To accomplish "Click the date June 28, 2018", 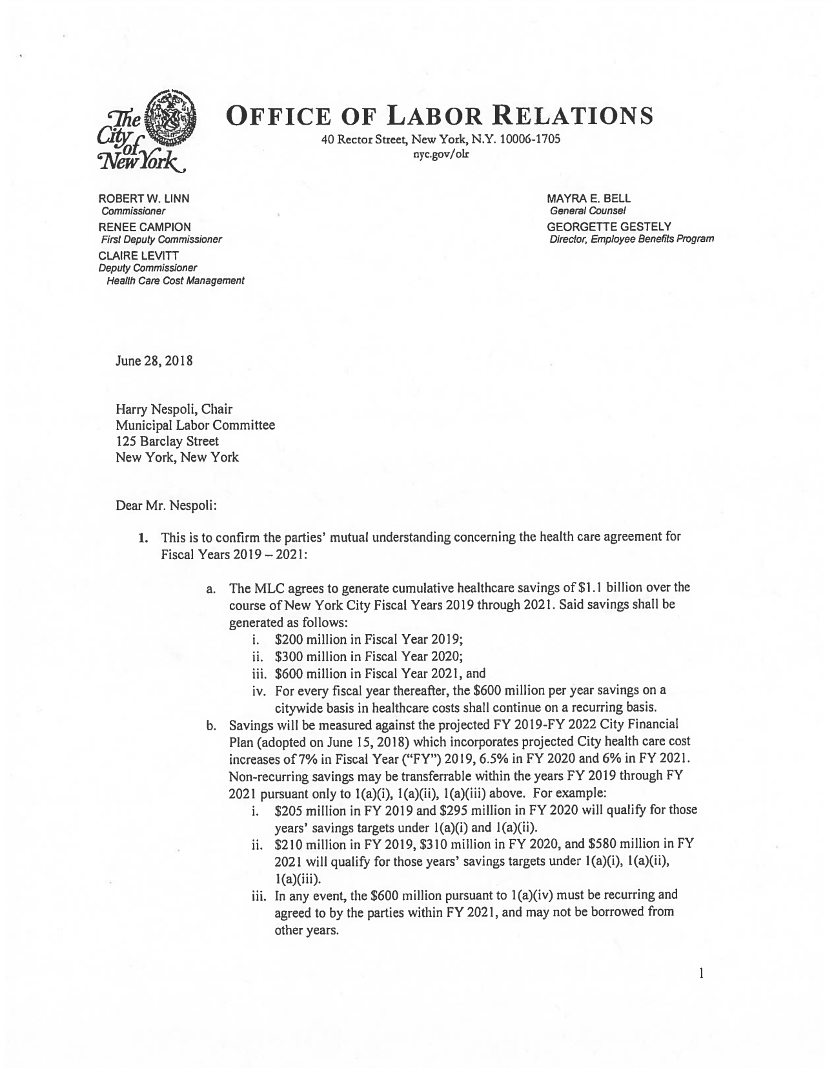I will point(154,361).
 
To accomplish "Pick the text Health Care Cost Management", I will point(175,280).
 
